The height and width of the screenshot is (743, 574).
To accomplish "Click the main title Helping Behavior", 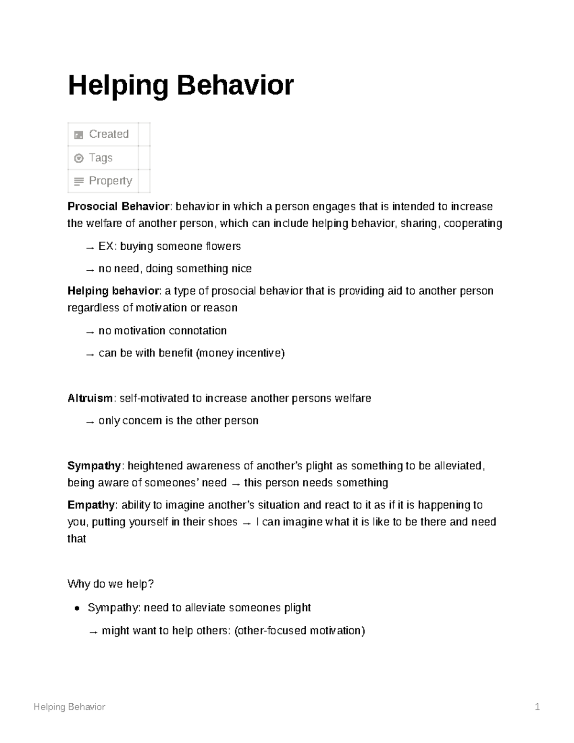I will pyautogui.click(x=180, y=86).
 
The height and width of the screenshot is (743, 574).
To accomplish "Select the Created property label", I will pyautogui.click(x=109, y=134).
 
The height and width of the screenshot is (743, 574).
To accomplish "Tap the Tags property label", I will pyautogui.click(x=100, y=157).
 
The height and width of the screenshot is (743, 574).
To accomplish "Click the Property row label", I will pyautogui.click(x=110, y=181).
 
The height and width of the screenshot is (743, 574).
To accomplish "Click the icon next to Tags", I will pyautogui.click(x=79, y=158).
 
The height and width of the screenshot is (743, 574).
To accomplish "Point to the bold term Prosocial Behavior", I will pyautogui.click(x=118, y=207).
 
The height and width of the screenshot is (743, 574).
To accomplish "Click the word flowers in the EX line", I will pyautogui.click(x=223, y=246).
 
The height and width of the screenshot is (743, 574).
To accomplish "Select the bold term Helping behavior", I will pyautogui.click(x=113, y=291).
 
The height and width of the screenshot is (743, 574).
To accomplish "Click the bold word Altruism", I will pyautogui.click(x=90, y=398).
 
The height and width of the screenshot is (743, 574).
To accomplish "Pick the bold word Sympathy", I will pyautogui.click(x=94, y=466).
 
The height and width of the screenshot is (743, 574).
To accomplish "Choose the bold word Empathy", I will pyautogui.click(x=91, y=505).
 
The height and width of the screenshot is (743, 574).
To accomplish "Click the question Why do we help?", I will pyautogui.click(x=110, y=584).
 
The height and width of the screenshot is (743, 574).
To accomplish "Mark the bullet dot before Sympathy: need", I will pyautogui.click(x=77, y=609).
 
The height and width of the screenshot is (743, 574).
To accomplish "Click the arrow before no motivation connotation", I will pyautogui.click(x=89, y=332).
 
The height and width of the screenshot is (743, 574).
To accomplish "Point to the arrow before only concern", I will pyautogui.click(x=89, y=421).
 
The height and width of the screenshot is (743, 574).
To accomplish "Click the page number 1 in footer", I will pyautogui.click(x=537, y=707).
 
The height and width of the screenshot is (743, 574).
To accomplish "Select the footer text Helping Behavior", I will pyautogui.click(x=69, y=707).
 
